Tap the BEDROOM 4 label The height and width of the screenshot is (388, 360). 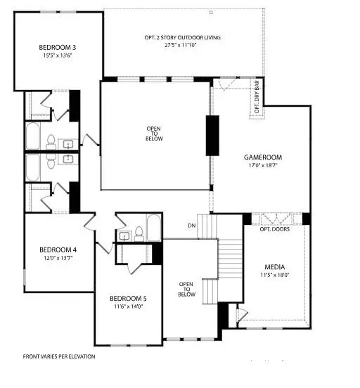tap(58, 250)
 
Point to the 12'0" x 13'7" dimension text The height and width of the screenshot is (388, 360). tap(58, 259)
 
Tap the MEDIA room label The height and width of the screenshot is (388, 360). tap(274, 267)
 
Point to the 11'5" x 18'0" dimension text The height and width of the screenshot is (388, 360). tap(274, 276)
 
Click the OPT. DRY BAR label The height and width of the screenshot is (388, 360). tap(257, 99)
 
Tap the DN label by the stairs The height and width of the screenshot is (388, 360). tap(191, 226)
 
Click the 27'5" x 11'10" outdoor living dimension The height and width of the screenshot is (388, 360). tap(170, 44)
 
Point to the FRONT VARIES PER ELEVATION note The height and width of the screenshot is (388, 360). tap(59, 356)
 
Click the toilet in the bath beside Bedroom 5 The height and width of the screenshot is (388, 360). tap(139, 233)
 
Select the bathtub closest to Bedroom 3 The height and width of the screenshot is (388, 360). tap(33, 136)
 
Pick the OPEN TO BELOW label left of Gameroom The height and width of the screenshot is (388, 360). tap(155, 134)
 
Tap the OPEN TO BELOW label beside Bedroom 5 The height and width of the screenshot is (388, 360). tap(186, 290)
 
